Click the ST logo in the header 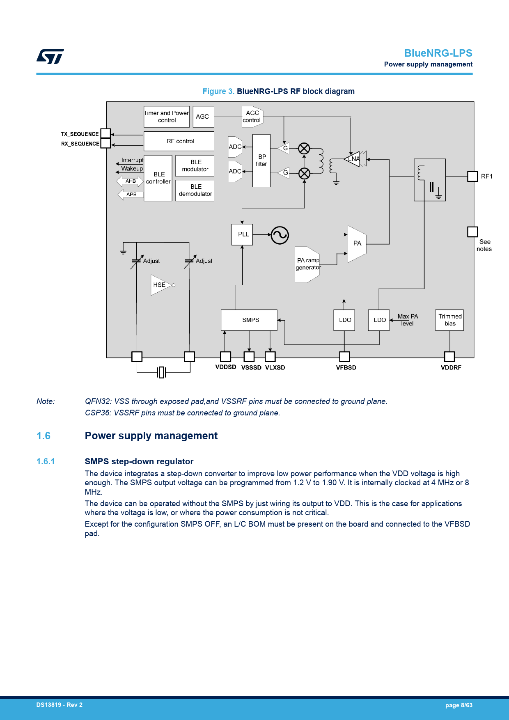[x=50, y=57]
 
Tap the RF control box [x=179, y=141]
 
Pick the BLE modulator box [x=195, y=166]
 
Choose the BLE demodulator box [x=195, y=190]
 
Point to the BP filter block [x=261, y=161]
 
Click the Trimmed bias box [x=449, y=320]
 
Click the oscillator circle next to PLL [x=280, y=235]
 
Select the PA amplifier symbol [x=357, y=243]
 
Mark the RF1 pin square [x=472, y=177]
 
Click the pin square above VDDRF [x=449, y=356]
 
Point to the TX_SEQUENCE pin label [x=80, y=134]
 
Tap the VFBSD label [x=346, y=368]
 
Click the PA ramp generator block [x=307, y=264]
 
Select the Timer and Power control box [x=167, y=117]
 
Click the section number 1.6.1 [x=46, y=461]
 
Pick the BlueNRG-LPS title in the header [x=438, y=53]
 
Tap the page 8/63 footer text [x=459, y=705]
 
